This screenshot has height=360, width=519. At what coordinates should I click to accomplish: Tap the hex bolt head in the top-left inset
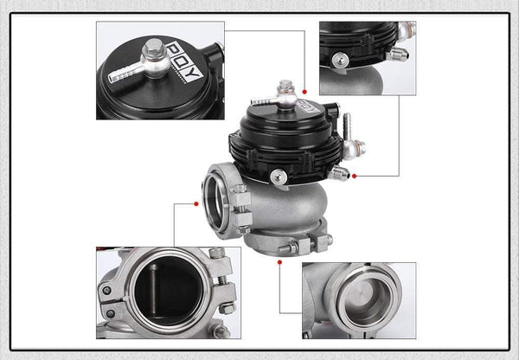154,47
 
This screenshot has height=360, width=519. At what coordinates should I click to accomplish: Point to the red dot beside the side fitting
355,176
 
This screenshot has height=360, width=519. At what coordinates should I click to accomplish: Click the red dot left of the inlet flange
197,203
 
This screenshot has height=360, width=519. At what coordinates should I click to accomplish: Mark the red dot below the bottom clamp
279,259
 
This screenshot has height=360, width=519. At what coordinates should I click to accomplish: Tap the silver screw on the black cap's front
278,177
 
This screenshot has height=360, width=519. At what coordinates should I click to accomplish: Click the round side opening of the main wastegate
217,201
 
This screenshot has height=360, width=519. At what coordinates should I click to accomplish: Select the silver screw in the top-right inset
341,60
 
